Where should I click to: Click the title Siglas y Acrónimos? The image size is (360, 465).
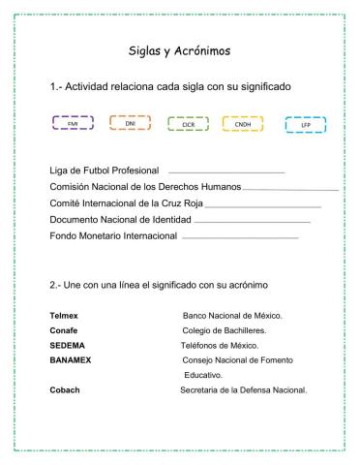(179, 49)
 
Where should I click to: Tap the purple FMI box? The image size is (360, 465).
(72, 124)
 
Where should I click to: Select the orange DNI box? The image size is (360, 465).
(128, 124)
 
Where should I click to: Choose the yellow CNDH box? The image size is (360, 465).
(242, 124)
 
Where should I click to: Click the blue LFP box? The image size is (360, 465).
(304, 125)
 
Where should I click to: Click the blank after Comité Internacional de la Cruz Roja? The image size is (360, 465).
(263, 206)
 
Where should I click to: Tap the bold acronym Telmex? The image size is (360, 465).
(66, 316)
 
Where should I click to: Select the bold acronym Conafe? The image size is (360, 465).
(65, 330)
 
